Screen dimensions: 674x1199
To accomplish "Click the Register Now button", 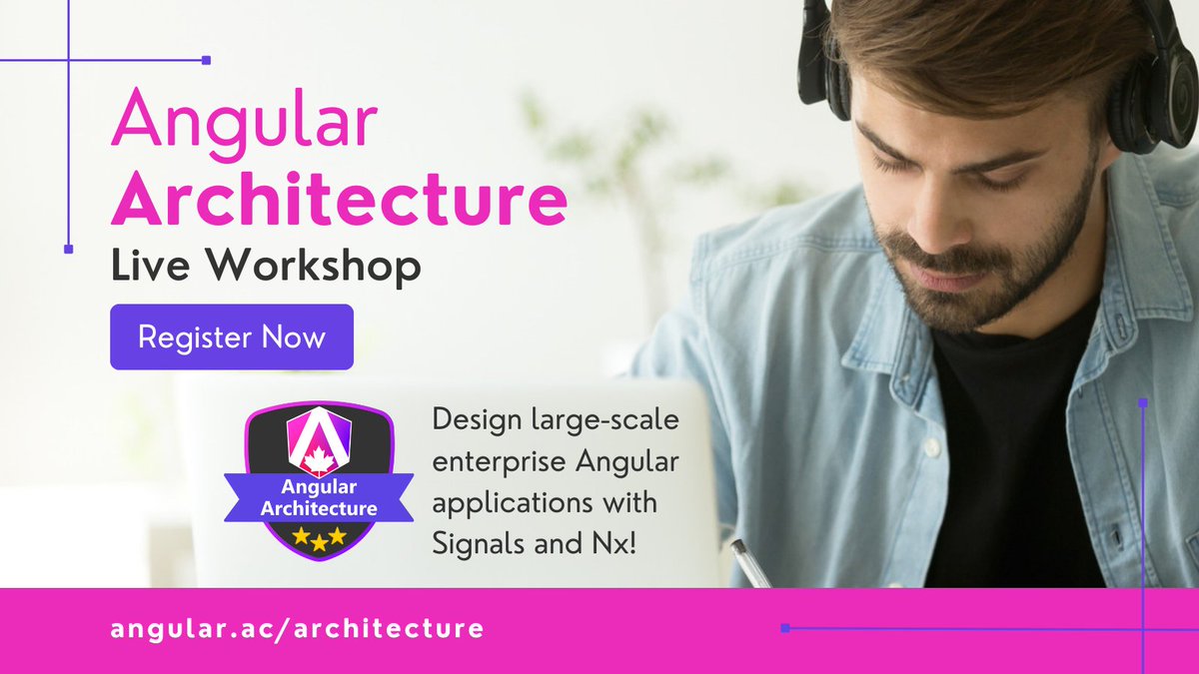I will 232,337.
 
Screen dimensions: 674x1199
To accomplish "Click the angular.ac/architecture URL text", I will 298,629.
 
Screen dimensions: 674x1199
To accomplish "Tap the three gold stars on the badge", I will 319,537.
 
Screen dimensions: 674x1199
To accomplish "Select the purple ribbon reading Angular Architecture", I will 319,497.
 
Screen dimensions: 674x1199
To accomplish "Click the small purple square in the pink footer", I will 785,628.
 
